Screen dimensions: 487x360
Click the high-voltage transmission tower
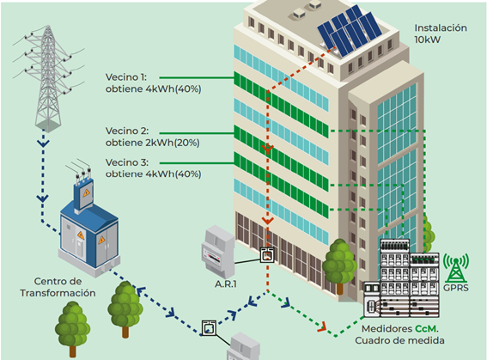48,77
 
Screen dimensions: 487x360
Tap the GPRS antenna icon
455,267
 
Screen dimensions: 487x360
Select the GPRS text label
455,288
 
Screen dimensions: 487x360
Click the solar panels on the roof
350,31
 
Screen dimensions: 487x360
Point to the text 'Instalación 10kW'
441,34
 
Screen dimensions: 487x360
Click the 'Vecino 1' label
125,77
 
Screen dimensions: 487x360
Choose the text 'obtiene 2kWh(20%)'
153,143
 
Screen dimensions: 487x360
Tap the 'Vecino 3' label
127,162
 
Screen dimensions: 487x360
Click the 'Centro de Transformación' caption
58,287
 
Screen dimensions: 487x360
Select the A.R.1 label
226,284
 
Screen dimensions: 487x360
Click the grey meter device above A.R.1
217,252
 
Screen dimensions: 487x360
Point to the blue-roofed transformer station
88,229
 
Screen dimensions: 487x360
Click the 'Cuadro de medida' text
399,340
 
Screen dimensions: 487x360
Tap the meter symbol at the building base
267,255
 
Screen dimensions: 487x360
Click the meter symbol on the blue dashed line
209,328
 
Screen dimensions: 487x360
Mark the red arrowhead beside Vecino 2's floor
267,149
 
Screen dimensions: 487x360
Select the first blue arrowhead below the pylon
43,143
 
